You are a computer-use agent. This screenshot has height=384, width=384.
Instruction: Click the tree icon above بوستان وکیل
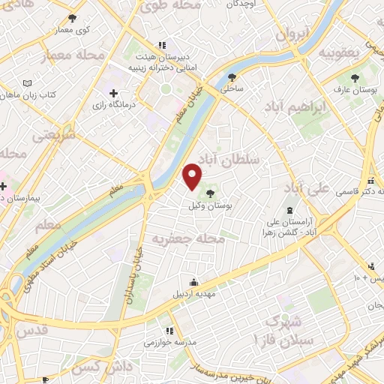point(209,193)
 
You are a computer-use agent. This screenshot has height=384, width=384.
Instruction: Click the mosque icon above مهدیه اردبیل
point(194,282)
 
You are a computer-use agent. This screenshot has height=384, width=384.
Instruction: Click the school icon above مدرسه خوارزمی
point(170,330)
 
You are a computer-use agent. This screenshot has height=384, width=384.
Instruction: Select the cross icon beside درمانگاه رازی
point(113,94)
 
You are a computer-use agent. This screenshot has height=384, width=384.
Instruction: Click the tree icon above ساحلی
point(232,77)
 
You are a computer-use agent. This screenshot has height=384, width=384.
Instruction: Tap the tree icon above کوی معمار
point(72,18)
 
